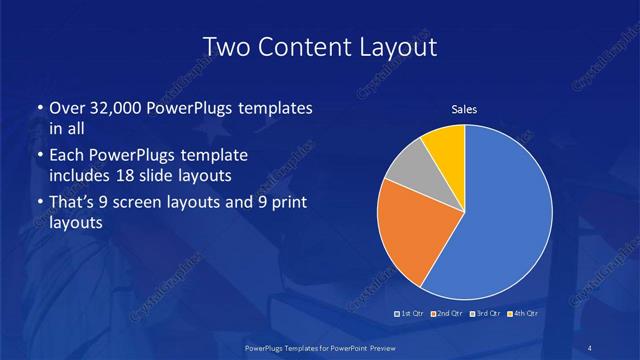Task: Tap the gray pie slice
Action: pyautogui.click(x=408, y=170)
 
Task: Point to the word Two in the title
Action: pyautogui.click(x=226, y=46)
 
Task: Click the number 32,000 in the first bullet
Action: pyautogui.click(x=111, y=108)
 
